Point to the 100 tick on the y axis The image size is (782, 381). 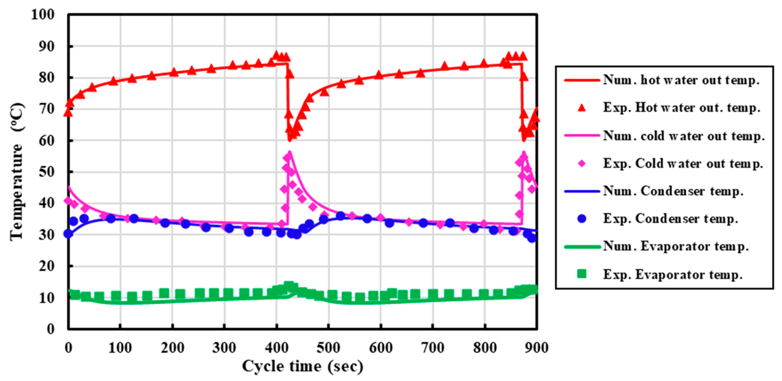(x=43, y=15)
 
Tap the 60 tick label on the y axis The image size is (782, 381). (x=47, y=141)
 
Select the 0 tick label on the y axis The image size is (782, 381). (x=51, y=329)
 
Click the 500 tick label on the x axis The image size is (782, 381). (x=328, y=348)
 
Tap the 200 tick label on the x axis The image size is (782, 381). (x=173, y=348)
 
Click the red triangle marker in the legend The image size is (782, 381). (x=582, y=108)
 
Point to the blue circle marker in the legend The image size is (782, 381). (x=582, y=219)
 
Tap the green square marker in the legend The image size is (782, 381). (x=582, y=274)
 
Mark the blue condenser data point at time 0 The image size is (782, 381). (x=68, y=234)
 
